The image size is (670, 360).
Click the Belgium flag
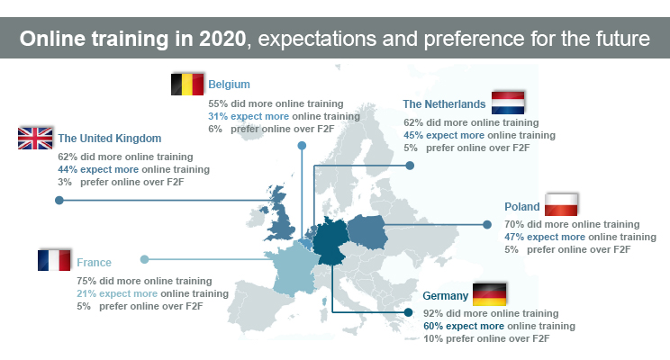[187, 85]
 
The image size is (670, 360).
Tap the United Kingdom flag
[36, 139]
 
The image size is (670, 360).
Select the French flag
[55, 262]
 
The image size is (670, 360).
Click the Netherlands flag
[509, 103]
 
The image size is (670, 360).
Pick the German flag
[490, 294]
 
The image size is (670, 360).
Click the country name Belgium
[229, 85]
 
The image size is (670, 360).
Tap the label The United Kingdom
[110, 139]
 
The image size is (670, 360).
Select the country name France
[94, 263]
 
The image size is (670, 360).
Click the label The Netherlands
[443, 104]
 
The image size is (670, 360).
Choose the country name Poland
[522, 205]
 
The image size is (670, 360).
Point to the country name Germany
[445, 296]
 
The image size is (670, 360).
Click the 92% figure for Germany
[434, 313]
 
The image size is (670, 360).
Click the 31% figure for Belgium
[217, 116]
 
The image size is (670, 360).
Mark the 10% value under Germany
[434, 338]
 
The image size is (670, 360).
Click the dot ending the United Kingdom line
[59, 201]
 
